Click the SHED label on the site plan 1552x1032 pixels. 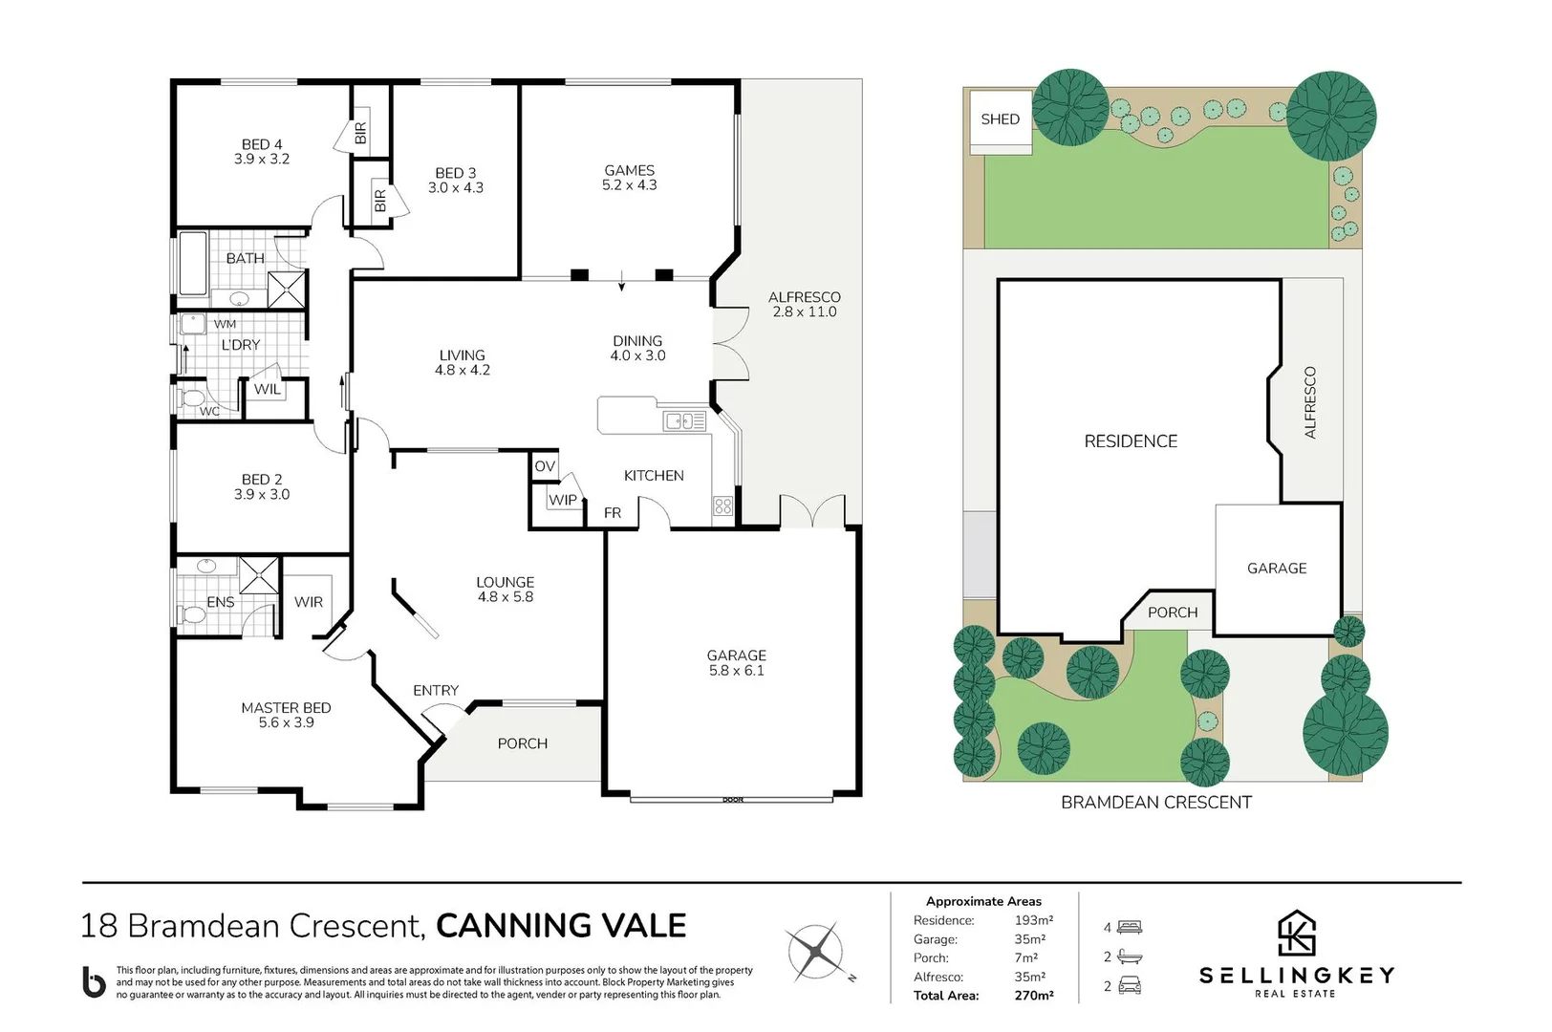(1000, 119)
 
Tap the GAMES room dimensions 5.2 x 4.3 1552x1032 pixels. (629, 185)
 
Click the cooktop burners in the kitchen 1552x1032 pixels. (722, 506)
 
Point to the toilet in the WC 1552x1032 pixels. (191, 398)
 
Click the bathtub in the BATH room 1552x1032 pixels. (193, 263)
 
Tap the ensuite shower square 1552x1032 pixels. (259, 575)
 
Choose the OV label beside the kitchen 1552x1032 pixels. (545, 466)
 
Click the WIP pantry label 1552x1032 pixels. (562, 500)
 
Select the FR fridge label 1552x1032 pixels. (613, 513)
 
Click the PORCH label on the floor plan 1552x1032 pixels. (522, 743)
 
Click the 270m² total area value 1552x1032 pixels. (1033, 996)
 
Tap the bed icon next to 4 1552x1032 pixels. (1130, 927)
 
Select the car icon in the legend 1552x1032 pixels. (1130, 985)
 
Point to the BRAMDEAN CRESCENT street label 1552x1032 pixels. (1155, 803)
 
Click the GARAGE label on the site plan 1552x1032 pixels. (1276, 569)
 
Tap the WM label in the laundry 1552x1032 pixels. (225, 324)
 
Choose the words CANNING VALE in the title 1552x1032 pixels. (561, 926)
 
